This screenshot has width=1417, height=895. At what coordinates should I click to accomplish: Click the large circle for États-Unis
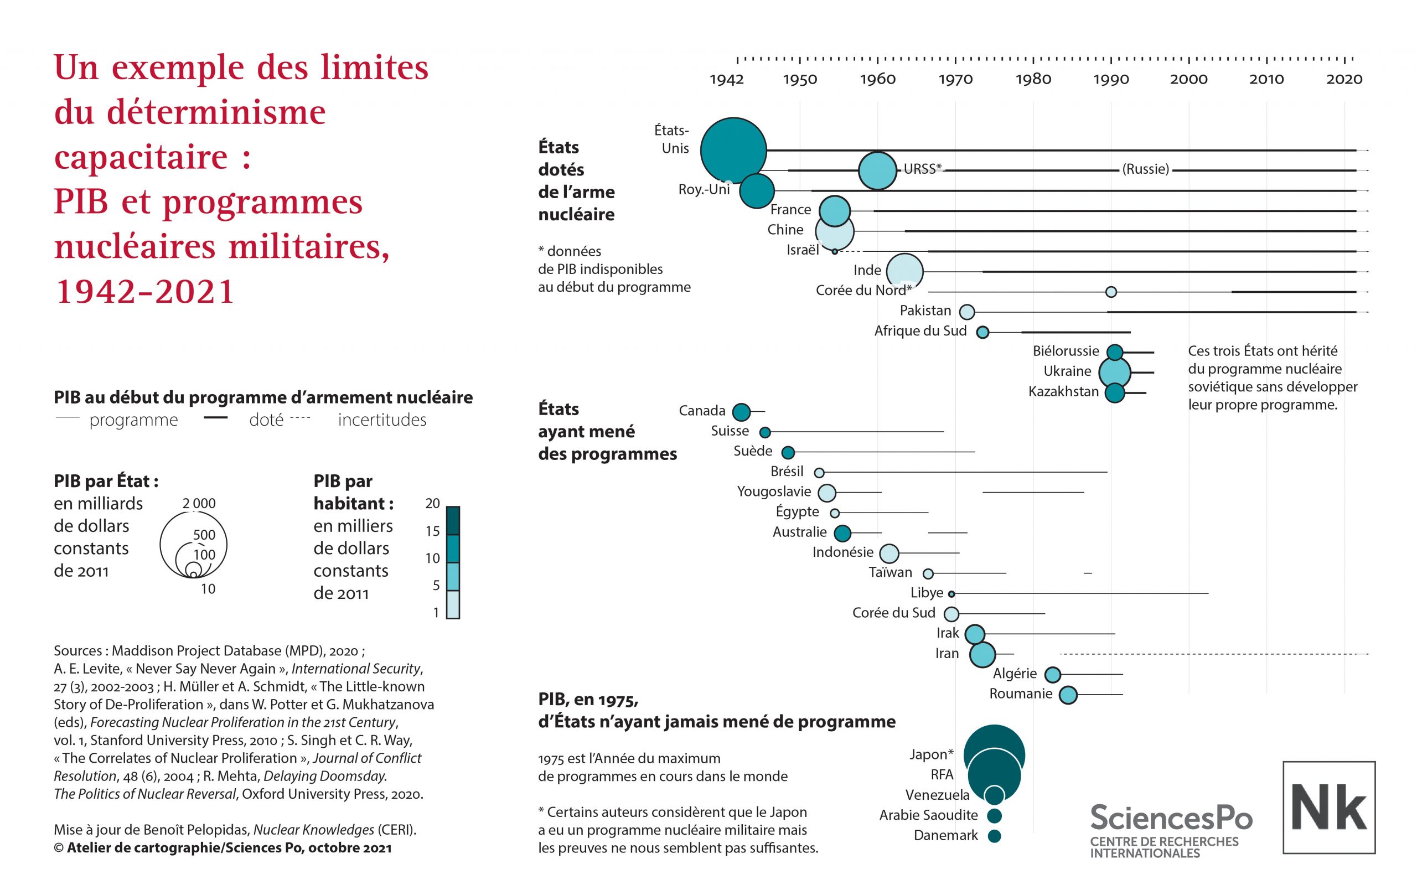coord(733,151)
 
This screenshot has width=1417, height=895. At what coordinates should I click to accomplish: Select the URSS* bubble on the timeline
coord(877,170)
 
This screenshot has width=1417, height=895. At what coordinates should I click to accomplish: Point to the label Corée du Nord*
coord(863,290)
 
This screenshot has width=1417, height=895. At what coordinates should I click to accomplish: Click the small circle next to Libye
coord(951,594)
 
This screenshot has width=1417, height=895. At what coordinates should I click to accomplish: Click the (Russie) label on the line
coord(1145,169)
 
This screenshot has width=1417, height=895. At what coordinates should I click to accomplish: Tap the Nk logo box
coord(1329,808)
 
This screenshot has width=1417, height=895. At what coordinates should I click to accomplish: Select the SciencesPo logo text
coord(1171,818)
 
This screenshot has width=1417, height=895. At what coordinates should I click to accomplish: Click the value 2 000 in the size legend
coord(199,504)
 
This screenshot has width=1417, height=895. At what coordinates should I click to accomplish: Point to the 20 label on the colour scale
coord(432,504)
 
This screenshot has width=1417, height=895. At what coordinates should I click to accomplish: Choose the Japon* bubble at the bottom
coord(994,755)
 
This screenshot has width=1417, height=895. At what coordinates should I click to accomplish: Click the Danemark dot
coord(995,836)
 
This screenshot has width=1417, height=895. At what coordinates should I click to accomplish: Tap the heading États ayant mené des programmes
coord(607,431)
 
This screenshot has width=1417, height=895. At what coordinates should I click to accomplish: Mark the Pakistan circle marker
coord(967,312)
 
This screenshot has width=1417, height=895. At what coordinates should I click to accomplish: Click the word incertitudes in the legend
coord(382,420)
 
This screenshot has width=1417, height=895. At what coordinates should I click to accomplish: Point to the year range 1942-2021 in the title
coord(145,291)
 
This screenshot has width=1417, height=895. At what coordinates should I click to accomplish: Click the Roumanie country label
coord(1020,694)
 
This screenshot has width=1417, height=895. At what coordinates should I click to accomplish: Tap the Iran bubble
coord(982,654)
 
